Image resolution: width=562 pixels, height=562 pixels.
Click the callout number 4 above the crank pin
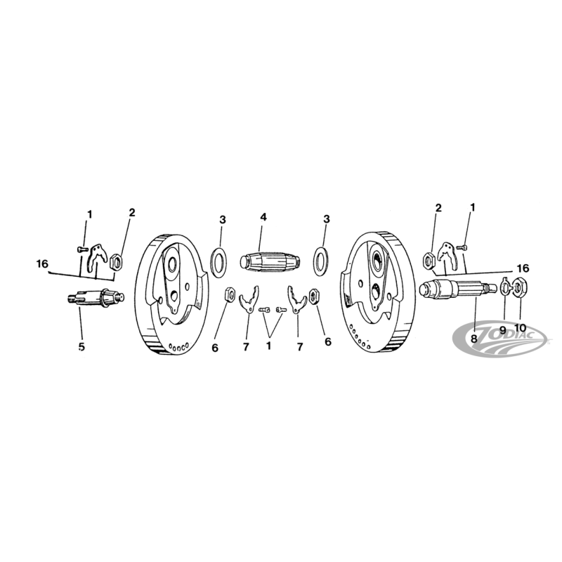(x=263, y=218)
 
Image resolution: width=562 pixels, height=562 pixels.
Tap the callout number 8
(x=473, y=338)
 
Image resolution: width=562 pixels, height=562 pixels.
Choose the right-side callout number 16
(x=523, y=268)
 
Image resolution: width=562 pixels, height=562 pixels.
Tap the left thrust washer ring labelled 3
(x=218, y=259)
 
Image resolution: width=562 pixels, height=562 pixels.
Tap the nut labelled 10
(x=521, y=287)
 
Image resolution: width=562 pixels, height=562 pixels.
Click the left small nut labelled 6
(x=229, y=294)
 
